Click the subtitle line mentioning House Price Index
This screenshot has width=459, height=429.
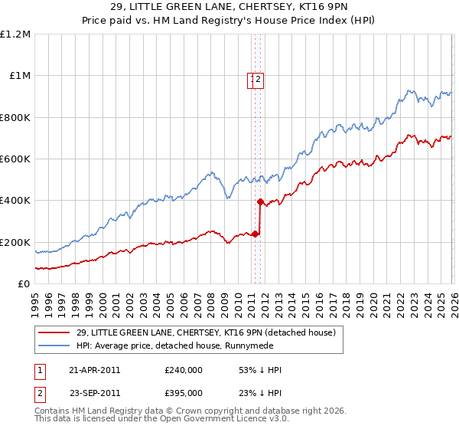point(229,21)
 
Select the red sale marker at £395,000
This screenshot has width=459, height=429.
point(260,202)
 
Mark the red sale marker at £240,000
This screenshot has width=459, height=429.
point(255,234)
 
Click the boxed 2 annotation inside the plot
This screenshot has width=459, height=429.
point(259,79)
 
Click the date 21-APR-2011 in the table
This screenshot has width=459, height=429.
point(95,370)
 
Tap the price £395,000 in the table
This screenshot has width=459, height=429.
point(184,393)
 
